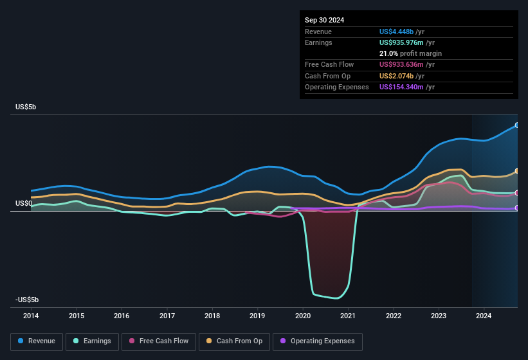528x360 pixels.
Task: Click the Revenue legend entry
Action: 37,341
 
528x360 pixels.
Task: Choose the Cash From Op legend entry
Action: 235,341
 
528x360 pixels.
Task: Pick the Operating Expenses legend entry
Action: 318,341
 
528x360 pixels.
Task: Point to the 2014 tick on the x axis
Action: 31,316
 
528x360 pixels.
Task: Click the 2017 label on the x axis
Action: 167,316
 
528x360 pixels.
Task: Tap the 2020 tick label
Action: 303,316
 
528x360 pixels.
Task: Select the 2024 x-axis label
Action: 484,316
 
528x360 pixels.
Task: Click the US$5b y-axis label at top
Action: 26,107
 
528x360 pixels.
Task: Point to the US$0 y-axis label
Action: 24,203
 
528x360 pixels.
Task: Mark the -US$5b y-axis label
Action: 27,300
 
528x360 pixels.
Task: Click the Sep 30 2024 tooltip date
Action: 325,20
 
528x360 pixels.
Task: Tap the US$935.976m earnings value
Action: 406,42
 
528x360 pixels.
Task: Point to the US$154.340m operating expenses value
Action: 406,87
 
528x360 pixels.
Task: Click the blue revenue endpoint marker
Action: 517,125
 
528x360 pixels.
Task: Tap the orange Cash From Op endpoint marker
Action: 517,171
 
